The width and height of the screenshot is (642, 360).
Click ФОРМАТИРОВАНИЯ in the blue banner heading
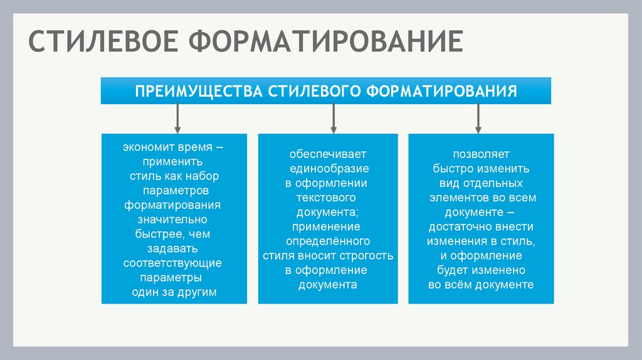tap(441, 91)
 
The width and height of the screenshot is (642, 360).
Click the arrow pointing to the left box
tap(178, 117)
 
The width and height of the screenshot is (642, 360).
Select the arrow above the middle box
tap(333, 117)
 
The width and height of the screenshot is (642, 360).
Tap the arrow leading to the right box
tap(478, 117)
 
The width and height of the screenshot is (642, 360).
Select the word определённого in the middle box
tap(328, 241)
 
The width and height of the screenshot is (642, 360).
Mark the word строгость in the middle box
tap(364, 255)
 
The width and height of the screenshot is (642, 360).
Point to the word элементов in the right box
tap(455, 198)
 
